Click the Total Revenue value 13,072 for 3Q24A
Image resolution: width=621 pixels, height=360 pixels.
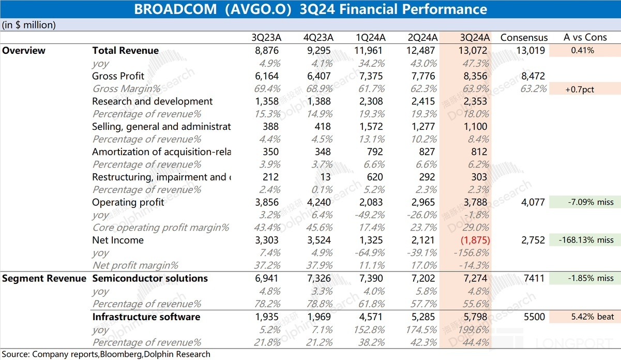[473, 51]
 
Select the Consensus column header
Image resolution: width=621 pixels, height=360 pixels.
[524, 38]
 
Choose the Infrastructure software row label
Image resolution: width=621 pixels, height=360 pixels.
[146, 317]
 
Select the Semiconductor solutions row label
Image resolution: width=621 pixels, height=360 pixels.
[150, 278]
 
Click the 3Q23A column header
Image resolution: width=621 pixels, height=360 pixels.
[266, 38]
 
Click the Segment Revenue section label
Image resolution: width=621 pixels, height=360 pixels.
[44, 278]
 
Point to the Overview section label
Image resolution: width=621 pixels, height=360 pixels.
[24, 51]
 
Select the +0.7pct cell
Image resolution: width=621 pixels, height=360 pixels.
[582, 89]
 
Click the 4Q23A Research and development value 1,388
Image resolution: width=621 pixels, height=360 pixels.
[319, 101]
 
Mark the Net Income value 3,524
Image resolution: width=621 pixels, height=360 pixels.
[319, 241]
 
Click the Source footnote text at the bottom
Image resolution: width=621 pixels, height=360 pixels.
[105, 354]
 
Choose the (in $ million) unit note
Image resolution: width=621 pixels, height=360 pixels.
[28, 25]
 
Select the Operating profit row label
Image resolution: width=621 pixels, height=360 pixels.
[128, 202]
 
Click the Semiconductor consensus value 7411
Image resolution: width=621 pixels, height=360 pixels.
[534, 278]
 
